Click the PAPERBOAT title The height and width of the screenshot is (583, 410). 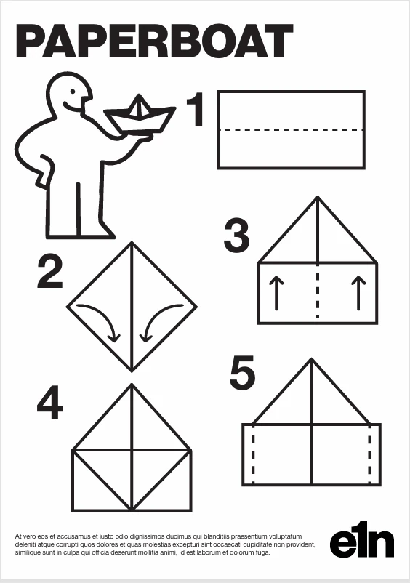154,41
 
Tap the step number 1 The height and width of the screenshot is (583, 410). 196,110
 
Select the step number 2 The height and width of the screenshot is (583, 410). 50,273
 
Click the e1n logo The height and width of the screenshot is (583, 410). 362,539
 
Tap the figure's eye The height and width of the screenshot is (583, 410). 73,91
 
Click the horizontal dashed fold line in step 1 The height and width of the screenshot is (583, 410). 291,130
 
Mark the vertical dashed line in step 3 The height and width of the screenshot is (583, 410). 318,291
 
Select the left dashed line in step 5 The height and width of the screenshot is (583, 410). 253,454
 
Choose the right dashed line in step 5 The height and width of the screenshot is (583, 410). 370,454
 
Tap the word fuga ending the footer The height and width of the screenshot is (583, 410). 262,553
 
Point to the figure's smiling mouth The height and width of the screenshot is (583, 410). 72,105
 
